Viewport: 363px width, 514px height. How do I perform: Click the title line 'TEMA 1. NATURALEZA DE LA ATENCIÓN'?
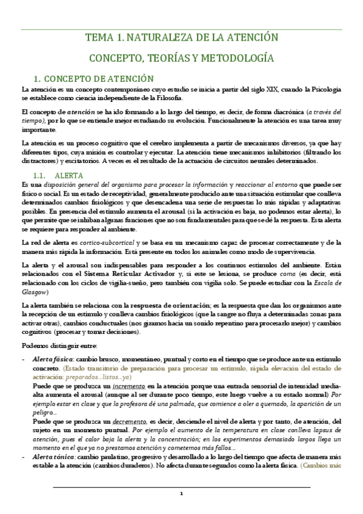coord(181,38)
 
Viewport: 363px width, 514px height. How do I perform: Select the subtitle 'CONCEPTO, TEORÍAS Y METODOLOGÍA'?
coord(181,58)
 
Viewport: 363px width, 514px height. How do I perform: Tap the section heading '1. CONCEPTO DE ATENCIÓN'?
coord(94,79)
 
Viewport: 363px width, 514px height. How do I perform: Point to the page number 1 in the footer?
coord(181,493)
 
